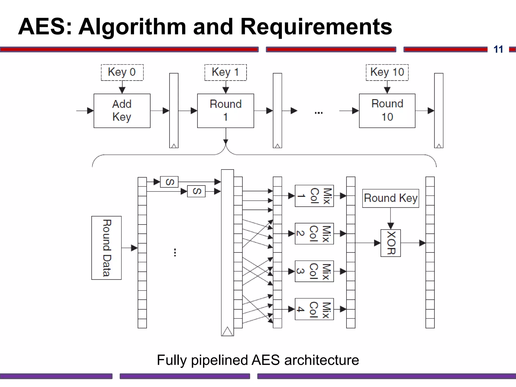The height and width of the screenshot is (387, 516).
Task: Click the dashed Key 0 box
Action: click(122, 72)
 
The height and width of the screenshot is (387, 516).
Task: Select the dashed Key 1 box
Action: click(225, 72)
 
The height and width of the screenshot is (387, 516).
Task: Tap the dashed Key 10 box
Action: click(387, 72)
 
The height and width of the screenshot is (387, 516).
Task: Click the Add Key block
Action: click(122, 111)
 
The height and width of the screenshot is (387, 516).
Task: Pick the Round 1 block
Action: click(225, 111)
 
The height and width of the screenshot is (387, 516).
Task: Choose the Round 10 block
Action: click(387, 111)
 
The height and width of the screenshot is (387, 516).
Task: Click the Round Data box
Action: click(106, 248)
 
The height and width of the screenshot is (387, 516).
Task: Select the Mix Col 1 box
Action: click(314, 196)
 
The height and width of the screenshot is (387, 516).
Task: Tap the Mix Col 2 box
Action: click(314, 234)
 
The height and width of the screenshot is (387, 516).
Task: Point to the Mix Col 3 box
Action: click(314, 271)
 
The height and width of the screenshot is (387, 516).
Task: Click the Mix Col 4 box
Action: click(314, 309)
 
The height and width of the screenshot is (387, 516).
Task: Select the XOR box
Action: click(391, 243)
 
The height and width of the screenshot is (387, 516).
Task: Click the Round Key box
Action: click(391, 198)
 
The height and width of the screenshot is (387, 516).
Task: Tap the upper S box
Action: click(169, 182)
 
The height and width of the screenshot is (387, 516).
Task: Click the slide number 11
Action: click(498, 49)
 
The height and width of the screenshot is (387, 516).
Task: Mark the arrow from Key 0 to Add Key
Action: click(122, 87)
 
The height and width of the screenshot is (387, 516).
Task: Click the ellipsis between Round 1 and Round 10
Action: click(318, 113)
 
